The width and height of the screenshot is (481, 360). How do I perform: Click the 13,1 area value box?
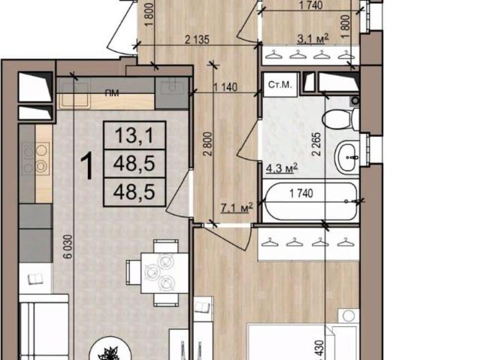[x=135, y=135]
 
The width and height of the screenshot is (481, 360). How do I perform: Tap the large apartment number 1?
[x=87, y=167]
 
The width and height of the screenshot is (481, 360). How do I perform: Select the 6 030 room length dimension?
[x=68, y=247]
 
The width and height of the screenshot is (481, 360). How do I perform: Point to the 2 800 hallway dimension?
[x=208, y=144]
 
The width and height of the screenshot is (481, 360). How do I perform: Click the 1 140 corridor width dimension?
[x=225, y=87]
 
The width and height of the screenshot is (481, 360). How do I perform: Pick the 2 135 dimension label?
[x=197, y=40]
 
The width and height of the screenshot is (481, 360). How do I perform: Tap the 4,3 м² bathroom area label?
[x=282, y=168]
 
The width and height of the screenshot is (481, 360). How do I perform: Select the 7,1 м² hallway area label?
[x=237, y=208]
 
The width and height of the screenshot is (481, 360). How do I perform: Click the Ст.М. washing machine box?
[x=280, y=85]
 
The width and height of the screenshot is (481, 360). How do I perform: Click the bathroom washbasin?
[x=346, y=157]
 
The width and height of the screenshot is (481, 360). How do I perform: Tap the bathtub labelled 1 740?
[x=310, y=201]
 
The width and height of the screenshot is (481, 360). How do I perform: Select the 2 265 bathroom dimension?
[x=316, y=144]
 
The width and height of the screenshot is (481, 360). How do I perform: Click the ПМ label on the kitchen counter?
[x=112, y=93]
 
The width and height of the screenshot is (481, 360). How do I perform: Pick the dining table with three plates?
[x=165, y=273]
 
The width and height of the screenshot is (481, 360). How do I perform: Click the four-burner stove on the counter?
[x=35, y=159]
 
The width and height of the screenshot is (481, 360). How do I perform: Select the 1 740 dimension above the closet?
[x=310, y=5]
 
